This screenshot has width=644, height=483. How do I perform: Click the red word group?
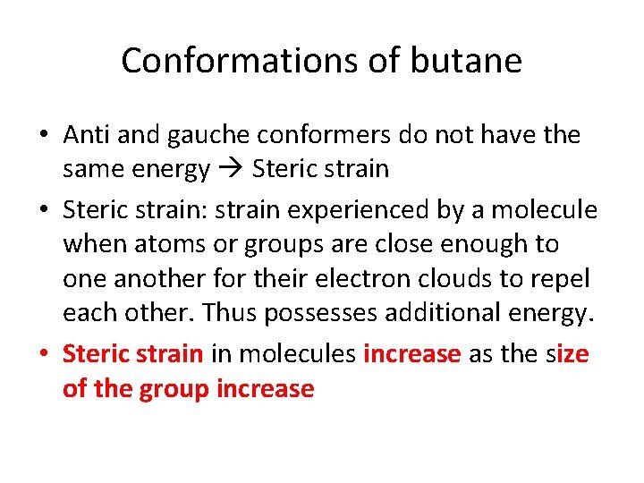[x=174, y=390]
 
